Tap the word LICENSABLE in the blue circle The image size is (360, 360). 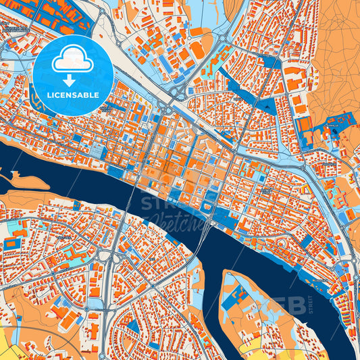73,95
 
